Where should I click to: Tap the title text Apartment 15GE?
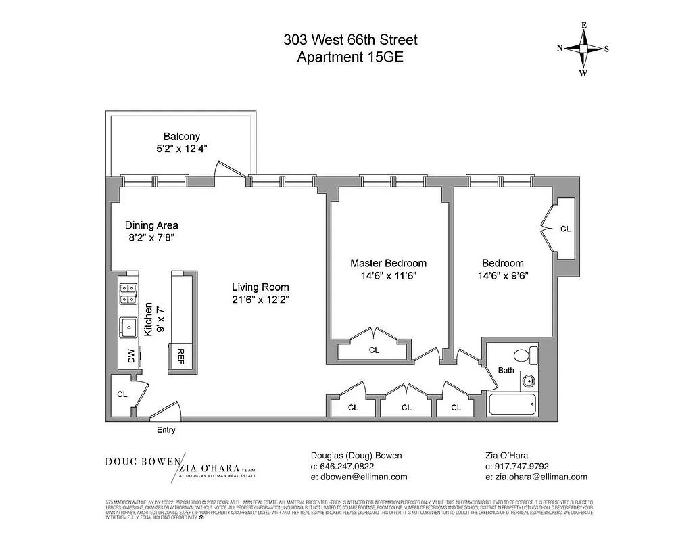click(x=350, y=57)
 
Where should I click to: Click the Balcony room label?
click(x=182, y=137)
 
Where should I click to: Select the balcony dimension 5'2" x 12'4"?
click(x=182, y=149)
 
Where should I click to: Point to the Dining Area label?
click(x=151, y=225)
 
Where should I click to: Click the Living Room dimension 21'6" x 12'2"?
click(x=260, y=300)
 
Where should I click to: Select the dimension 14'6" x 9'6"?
click(x=502, y=276)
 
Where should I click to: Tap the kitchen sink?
click(x=128, y=328)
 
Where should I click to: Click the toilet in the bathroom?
click(x=525, y=355)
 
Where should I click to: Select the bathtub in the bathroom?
click(x=513, y=405)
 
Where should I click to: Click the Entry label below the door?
click(x=166, y=429)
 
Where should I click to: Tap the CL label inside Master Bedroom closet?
click(x=374, y=350)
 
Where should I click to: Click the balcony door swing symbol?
click(x=222, y=169)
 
